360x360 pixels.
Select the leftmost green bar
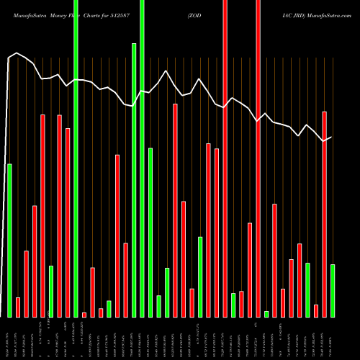[x=10, y=240]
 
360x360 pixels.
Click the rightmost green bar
[x=333, y=291]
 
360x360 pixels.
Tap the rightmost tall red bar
[x=324, y=214]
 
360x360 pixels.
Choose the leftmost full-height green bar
[x=76, y=158]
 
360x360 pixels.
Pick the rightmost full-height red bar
[x=258, y=158]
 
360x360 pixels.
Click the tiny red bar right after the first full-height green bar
[x=84, y=315]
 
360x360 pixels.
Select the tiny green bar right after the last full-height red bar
[x=266, y=314]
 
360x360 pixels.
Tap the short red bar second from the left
[x=18, y=307]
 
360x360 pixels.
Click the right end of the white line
[x=331, y=137]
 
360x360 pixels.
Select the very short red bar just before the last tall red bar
[x=316, y=311]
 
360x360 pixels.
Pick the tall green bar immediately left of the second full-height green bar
[x=134, y=180]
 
